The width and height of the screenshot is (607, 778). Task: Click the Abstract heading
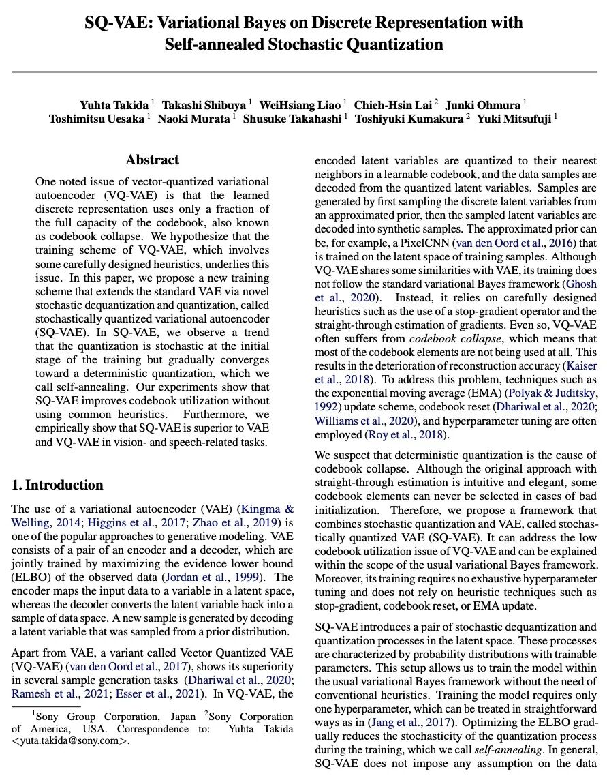point(152,160)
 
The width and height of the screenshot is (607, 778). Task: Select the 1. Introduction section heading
point(58,485)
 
